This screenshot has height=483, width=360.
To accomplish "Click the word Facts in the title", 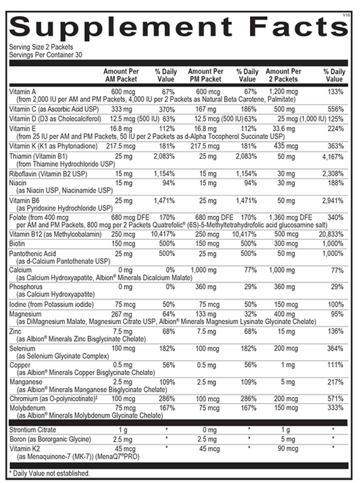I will click(291, 29).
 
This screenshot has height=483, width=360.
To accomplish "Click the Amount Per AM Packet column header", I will click(124, 75).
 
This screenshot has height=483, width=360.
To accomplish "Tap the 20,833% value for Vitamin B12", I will click(332, 234).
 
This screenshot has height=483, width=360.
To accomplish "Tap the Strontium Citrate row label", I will click(34, 430).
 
